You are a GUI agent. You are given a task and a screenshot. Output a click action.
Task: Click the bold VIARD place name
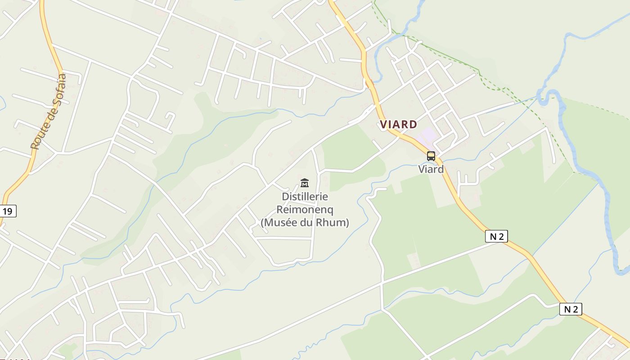pos(398,124)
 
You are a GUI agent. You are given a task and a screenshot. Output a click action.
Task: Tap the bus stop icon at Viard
pos(431,156)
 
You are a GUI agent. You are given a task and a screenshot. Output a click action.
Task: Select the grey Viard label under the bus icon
pos(431,169)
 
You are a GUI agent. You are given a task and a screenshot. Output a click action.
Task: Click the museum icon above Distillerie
pos(305,183)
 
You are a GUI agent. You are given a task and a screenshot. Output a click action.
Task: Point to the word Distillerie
pos(305,197)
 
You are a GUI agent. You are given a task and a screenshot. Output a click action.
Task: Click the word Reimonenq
pos(305,209)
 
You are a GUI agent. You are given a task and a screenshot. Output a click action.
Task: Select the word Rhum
pos(333,222)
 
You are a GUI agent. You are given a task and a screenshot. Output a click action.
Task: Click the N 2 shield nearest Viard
pos(497,236)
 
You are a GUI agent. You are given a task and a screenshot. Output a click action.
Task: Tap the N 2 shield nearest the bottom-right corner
pos(571,309)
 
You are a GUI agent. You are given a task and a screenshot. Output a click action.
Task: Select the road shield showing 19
pos(8,211)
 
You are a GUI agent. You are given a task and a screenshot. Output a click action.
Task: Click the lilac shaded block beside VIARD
pos(427,134)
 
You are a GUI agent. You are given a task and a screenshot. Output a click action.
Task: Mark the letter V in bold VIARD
pos(384,124)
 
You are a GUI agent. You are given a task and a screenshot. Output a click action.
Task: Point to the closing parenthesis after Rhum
pos(347,222)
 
